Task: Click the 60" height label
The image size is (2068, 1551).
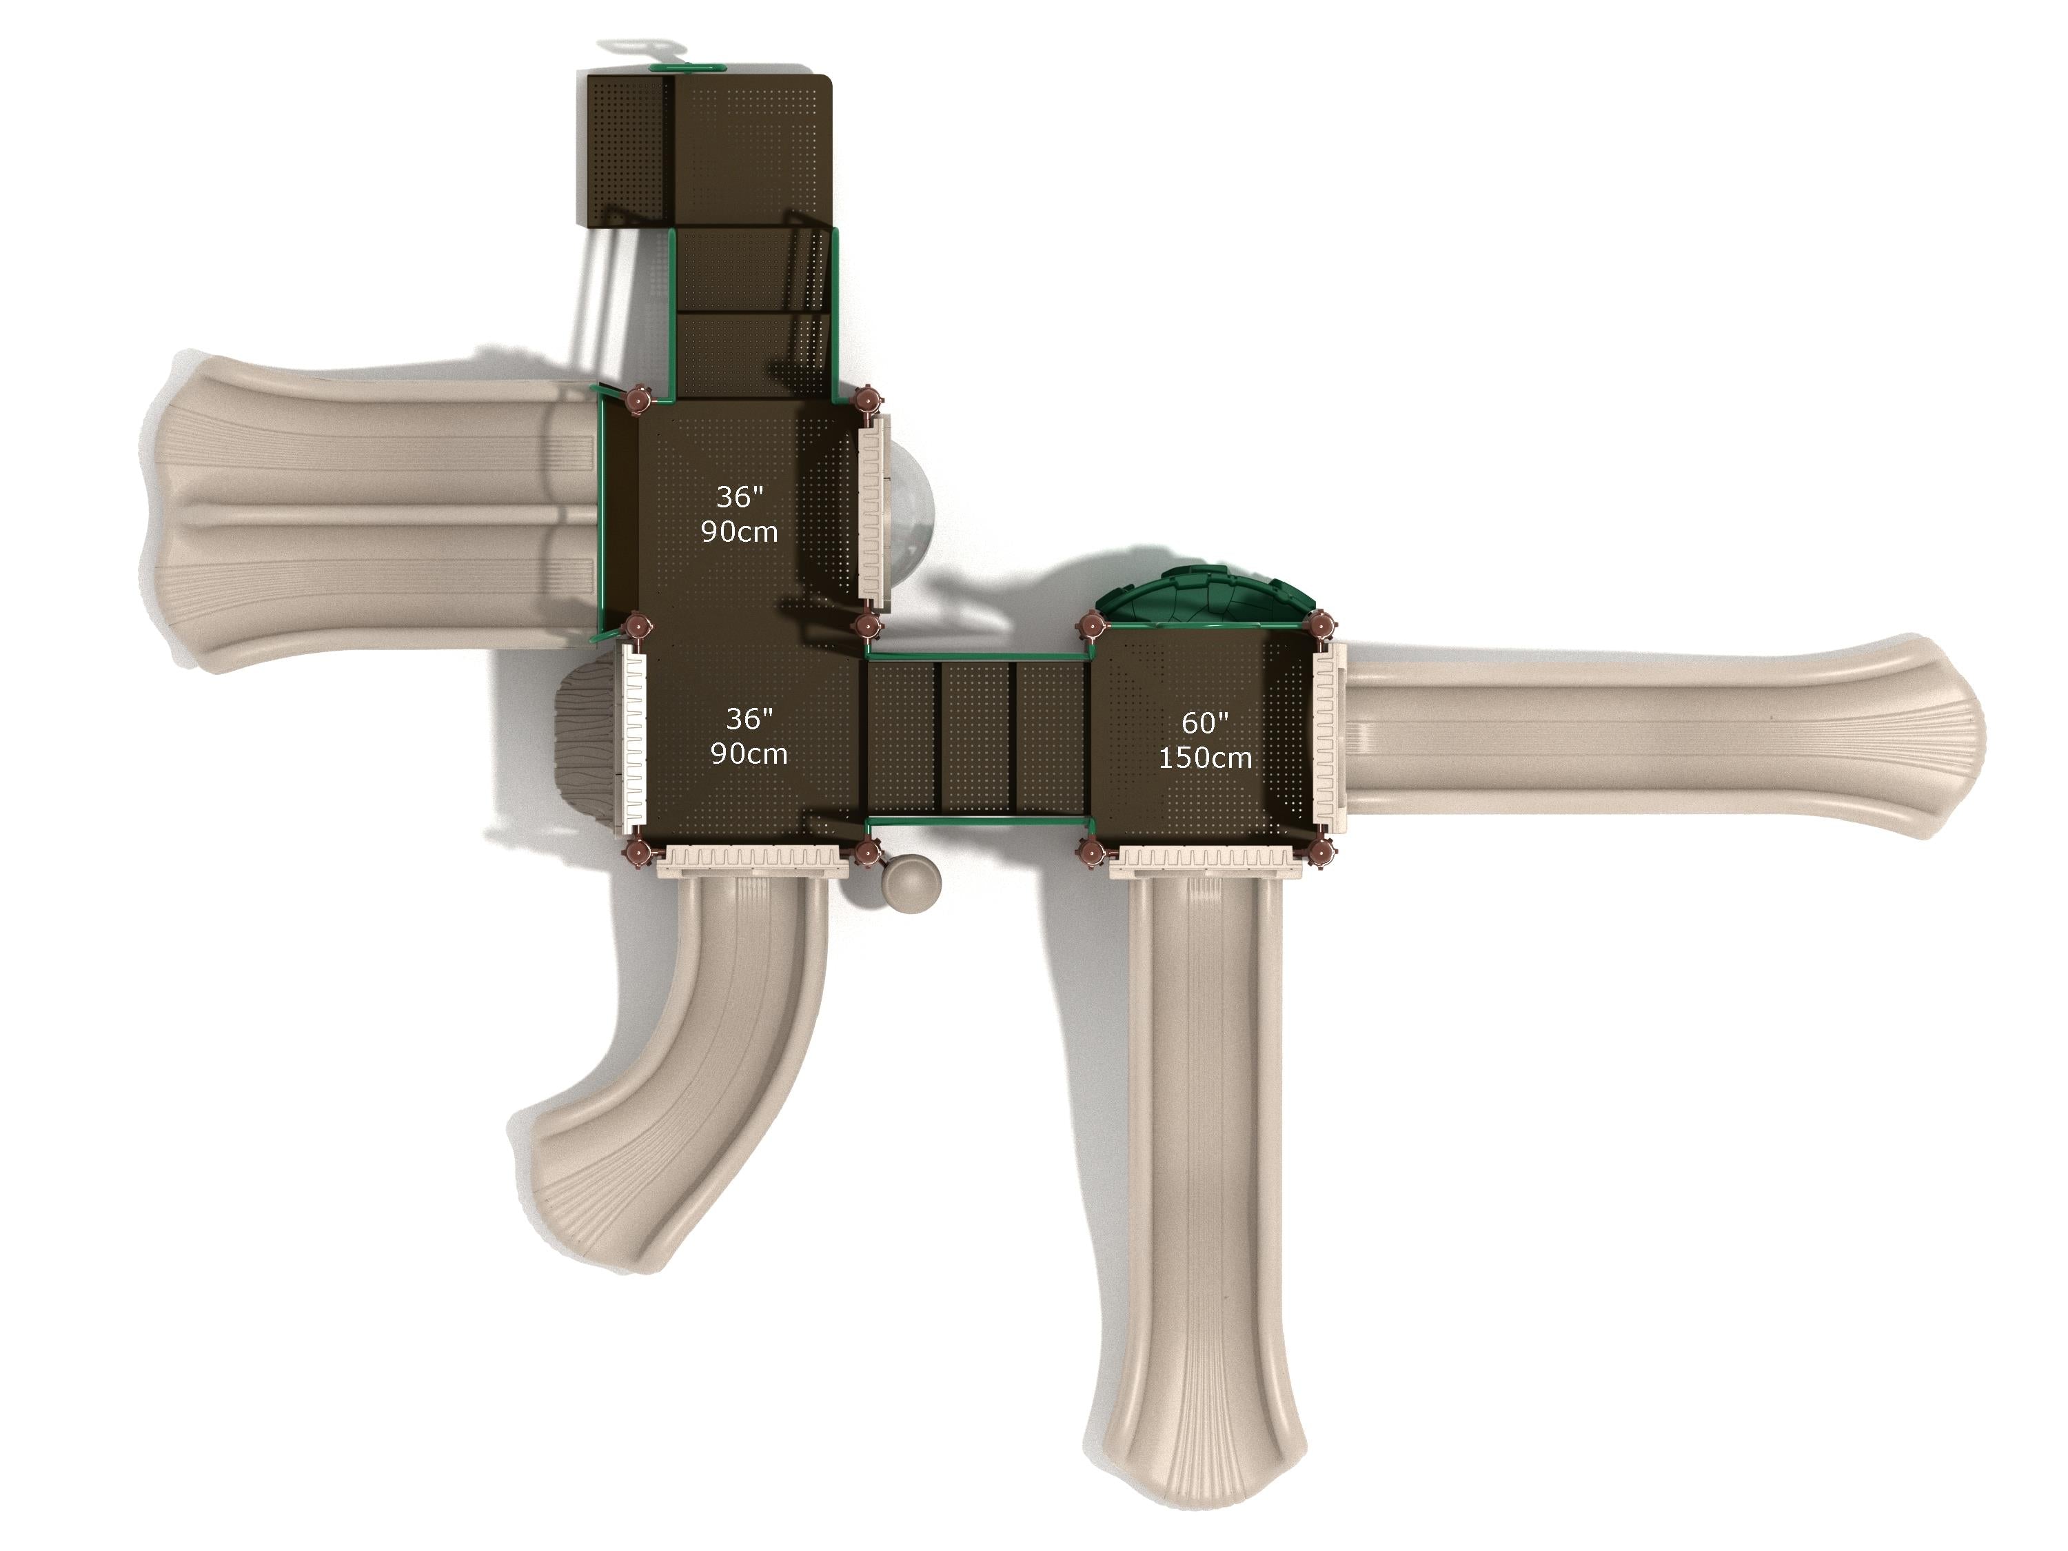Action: point(1204,722)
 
